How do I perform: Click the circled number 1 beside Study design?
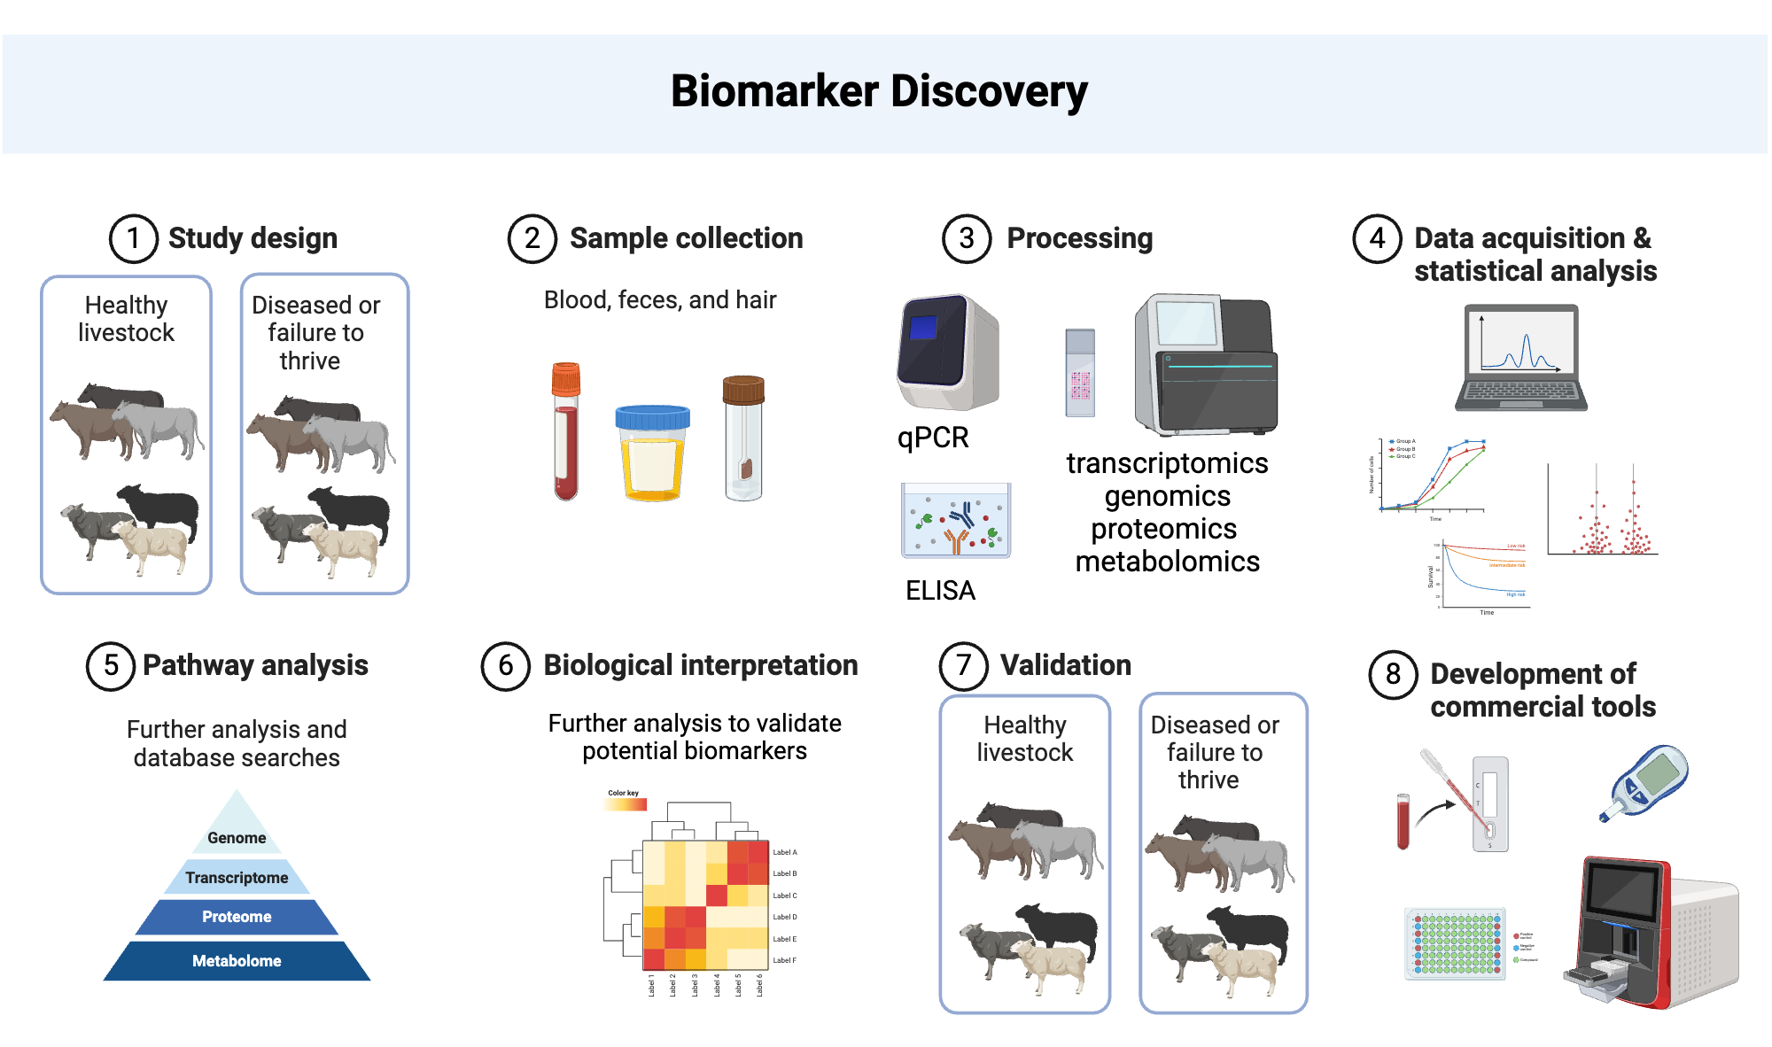[133, 238]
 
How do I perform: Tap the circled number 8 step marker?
[1393, 674]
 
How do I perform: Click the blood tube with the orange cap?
[565, 431]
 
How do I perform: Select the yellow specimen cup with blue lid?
[652, 453]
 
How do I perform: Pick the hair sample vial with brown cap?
[743, 437]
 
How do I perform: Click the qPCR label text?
[933, 438]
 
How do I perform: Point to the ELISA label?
[940, 590]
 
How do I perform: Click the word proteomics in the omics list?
[1163, 529]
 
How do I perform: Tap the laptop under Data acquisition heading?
[1520, 358]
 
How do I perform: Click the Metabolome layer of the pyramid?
[237, 961]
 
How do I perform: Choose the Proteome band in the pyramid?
[237, 917]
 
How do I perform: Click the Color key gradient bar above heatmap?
[626, 804]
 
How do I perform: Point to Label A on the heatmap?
[784, 852]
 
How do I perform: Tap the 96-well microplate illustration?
[1455, 943]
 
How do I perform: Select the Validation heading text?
[1065, 665]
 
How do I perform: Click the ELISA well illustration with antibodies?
[955, 521]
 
